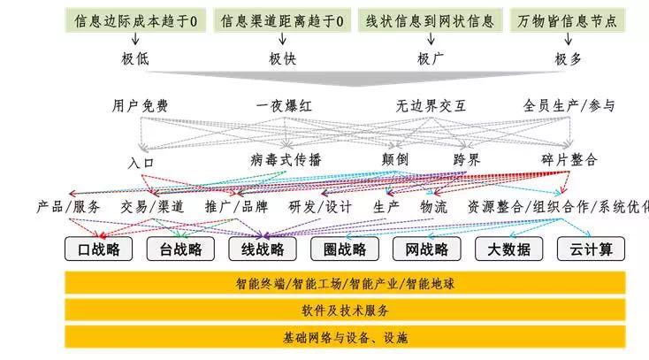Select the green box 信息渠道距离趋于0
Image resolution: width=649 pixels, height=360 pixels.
(282, 19)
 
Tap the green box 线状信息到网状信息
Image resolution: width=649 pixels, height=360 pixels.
(430, 19)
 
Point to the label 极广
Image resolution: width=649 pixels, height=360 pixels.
(430, 59)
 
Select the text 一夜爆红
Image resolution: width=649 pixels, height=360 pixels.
(284, 106)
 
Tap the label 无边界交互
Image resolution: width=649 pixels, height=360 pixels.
(431, 106)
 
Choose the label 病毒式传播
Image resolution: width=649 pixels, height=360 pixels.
(286, 160)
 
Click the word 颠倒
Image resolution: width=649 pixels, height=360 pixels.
(394, 160)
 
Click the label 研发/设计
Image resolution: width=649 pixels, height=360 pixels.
(320, 207)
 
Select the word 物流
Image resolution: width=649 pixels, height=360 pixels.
(434, 207)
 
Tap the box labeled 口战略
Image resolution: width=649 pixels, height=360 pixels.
(98, 249)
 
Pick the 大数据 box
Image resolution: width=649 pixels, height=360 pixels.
(508, 249)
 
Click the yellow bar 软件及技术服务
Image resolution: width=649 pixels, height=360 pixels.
(346, 310)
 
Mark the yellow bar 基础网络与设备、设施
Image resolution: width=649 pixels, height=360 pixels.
(346, 338)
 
